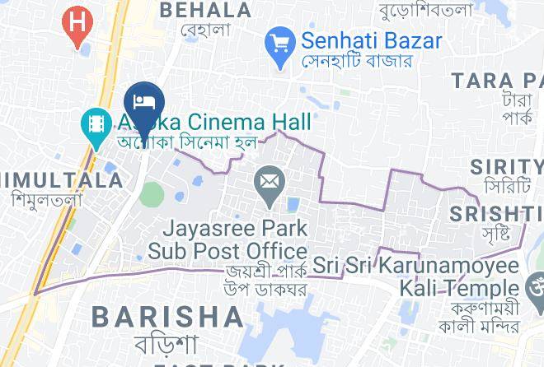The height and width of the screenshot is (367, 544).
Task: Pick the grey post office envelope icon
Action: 268,181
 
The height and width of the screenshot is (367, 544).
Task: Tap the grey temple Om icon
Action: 534,289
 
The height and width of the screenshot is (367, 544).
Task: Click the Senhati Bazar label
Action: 371,39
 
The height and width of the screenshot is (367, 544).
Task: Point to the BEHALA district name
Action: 205,10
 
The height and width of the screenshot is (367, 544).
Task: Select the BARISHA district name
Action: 167,316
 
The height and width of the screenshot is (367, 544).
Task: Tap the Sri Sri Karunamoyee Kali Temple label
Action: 416,277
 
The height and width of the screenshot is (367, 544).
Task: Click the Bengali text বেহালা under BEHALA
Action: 205,30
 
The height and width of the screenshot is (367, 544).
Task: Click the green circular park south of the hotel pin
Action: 152,194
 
